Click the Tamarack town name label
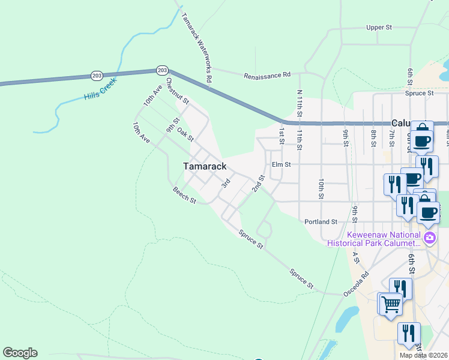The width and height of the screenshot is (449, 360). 205,166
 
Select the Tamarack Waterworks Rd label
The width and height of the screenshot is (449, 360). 197,47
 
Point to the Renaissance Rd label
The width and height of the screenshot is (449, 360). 267,76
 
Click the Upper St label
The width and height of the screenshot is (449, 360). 379,28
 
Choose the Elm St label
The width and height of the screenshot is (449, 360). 281,164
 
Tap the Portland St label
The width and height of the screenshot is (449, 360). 321,221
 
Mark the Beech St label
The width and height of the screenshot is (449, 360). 184,196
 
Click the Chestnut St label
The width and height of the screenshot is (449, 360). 178,90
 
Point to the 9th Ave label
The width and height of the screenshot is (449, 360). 173,122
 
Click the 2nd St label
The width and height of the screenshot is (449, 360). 258,184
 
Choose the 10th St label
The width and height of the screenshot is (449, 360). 322,188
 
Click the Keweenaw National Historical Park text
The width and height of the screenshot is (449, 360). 375,239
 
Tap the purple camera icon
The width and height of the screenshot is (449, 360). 429,238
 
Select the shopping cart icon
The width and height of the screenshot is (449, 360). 391,304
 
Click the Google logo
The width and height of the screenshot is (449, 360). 20,353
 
